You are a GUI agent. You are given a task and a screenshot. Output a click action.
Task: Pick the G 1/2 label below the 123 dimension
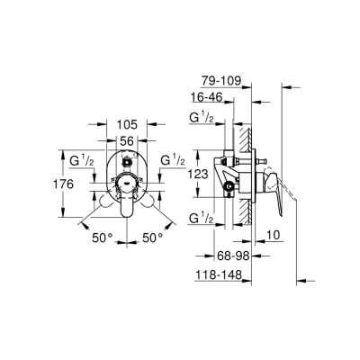(202, 220)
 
